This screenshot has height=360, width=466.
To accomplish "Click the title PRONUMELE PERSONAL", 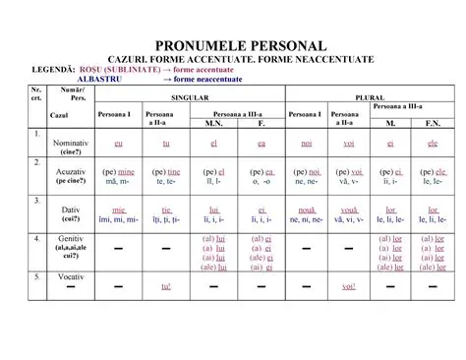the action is (233, 46).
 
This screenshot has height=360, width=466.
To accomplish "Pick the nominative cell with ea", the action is (262, 144).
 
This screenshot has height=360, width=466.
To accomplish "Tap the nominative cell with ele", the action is (432, 144).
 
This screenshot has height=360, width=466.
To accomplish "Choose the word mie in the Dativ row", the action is (119, 210).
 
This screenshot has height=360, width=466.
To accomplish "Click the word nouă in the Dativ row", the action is (307, 210).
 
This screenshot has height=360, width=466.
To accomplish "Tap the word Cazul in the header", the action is (59, 116).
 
